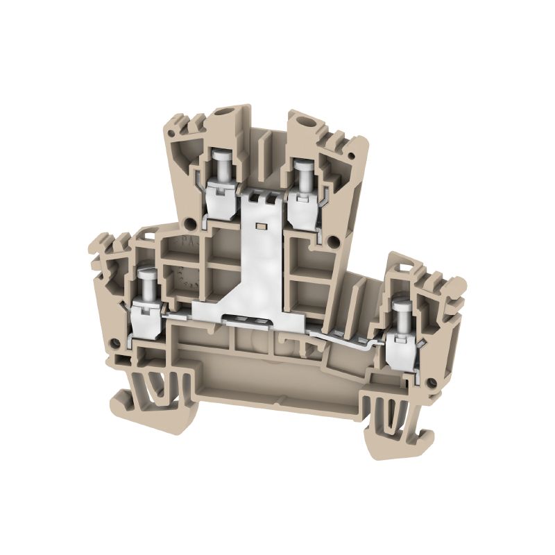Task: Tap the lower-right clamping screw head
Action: tap(400, 308)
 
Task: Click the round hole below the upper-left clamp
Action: tap(189, 223)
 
